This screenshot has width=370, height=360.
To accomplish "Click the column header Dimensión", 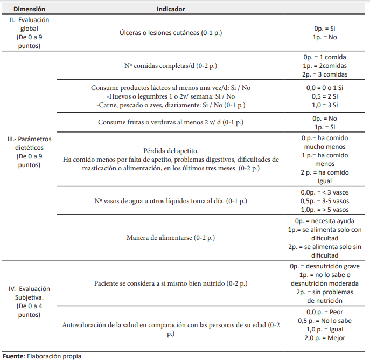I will click(x=29, y=9).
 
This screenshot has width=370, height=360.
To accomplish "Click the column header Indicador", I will click(x=171, y=9).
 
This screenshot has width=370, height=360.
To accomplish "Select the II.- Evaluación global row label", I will click(x=29, y=32).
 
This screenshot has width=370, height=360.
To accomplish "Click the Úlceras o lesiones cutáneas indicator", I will click(x=171, y=33).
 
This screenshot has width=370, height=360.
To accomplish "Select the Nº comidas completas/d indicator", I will click(x=171, y=66).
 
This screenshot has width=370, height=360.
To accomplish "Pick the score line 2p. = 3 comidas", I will click(x=325, y=74).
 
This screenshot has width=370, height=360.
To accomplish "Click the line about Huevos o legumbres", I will click(x=171, y=96).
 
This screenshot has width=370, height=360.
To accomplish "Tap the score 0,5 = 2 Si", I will click(x=325, y=96).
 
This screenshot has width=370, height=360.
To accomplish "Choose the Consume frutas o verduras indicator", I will click(x=171, y=122).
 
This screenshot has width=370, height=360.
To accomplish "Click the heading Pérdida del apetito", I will click(x=171, y=151).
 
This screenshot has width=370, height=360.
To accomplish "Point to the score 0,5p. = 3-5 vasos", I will click(x=325, y=200).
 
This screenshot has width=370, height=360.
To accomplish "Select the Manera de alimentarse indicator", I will click(x=171, y=238).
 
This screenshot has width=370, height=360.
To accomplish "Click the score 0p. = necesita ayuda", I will click(x=325, y=221).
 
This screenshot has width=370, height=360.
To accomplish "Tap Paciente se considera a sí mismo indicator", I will click(x=171, y=283).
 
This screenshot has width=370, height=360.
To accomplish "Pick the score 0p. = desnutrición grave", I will click(x=325, y=266).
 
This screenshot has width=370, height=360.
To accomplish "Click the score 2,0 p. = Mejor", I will click(x=325, y=338).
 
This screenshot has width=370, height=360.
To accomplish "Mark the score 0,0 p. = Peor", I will click(x=325, y=312).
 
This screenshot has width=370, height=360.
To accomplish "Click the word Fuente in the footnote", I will click(x=13, y=356).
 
